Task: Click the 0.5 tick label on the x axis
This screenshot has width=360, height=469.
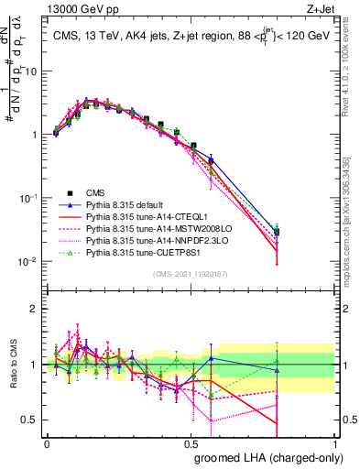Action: [191, 442]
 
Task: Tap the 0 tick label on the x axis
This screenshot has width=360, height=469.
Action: [47, 442]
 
